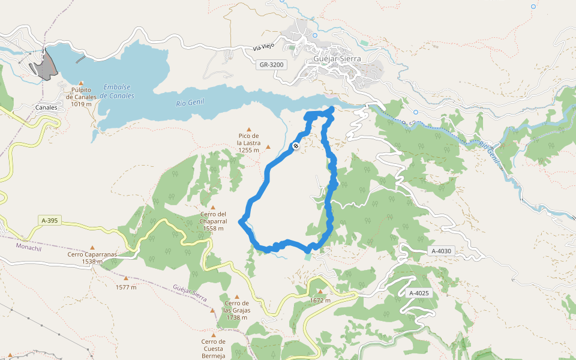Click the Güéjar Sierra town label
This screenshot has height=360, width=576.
[338, 59]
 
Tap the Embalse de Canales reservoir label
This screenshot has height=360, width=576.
[117, 91]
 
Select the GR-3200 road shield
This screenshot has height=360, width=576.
[272, 64]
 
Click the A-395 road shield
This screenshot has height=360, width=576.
[50, 221]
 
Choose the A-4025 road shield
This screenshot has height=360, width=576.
[419, 293]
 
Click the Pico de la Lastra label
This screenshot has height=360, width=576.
[248, 143]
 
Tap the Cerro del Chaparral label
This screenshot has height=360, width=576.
[213, 221]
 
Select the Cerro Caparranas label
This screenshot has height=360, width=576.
[92, 257]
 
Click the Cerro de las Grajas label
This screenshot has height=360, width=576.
[236, 310]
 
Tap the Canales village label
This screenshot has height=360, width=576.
[46, 108]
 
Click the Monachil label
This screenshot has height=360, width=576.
[29, 246]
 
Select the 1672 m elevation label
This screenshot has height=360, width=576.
[320, 300]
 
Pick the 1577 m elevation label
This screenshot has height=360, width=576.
[126, 287]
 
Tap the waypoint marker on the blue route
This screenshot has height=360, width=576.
[296, 146]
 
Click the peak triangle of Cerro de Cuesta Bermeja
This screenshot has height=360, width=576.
[214, 335]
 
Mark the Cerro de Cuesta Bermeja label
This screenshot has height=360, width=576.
[214, 349]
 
